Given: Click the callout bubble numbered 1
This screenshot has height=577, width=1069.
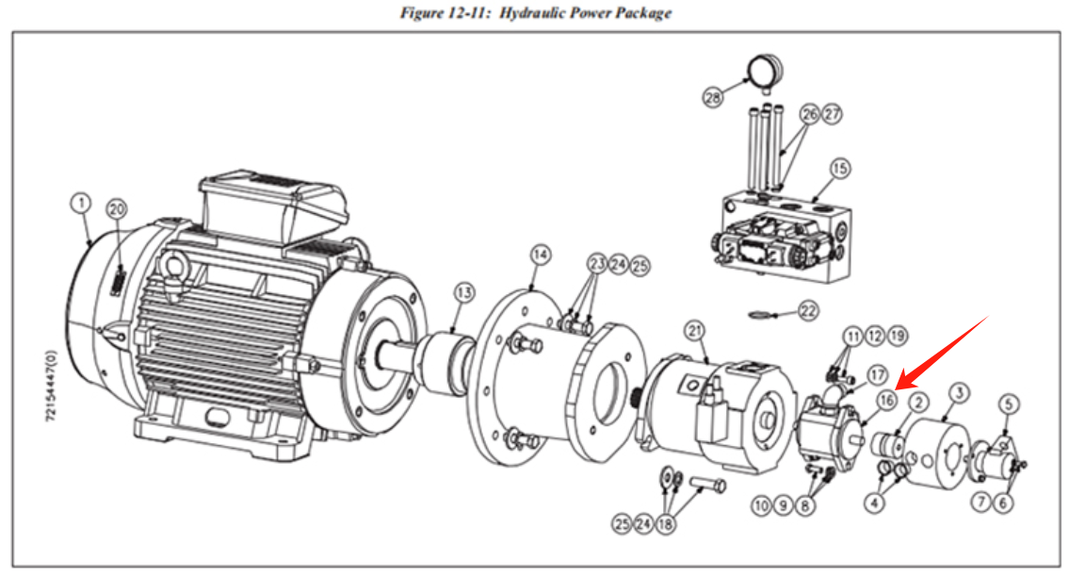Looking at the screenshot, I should tap(81, 203).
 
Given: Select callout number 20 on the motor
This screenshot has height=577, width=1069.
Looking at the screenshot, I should tap(116, 208).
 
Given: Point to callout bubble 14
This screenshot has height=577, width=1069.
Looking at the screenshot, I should tap(540, 255).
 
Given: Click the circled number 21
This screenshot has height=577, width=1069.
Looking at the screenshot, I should tap(695, 330).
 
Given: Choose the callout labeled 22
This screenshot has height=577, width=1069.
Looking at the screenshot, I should tap(808, 309).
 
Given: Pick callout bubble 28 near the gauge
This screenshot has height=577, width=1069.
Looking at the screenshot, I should tap(713, 96).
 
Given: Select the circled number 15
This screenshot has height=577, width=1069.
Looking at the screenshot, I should tap(839, 169).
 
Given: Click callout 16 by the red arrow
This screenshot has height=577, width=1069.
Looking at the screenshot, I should tap(886, 400).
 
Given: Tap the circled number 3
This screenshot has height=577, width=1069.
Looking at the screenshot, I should tap(959, 391).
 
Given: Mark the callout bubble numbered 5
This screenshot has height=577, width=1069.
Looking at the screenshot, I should tap(1009, 404).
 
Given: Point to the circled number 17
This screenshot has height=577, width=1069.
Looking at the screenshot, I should tap(877, 372).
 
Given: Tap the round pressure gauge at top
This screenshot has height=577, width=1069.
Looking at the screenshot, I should tap(765, 70).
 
